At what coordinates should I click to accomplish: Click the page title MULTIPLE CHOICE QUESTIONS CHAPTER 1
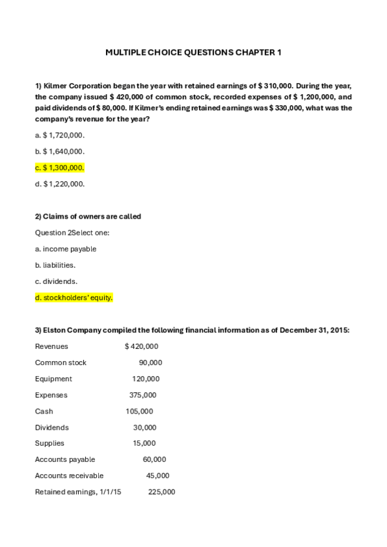point(193,52)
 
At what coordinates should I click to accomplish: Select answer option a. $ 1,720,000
point(59,135)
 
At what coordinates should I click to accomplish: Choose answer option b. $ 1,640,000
point(59,152)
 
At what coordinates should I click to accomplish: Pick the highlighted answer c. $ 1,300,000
point(59,168)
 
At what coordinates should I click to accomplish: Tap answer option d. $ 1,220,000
point(59,184)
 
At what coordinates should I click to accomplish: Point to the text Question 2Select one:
point(72,232)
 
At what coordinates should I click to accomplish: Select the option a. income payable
point(65,249)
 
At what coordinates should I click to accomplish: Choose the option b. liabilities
point(55,265)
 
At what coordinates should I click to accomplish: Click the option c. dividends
point(56,281)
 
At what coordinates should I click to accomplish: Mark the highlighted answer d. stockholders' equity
point(74,297)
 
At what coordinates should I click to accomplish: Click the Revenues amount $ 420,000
point(141,346)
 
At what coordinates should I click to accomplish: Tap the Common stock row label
point(61,363)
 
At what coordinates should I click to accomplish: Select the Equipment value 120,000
point(145,379)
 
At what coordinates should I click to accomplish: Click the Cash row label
point(44,411)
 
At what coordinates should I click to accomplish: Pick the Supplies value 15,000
point(144,443)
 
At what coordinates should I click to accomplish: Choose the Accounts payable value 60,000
point(154,459)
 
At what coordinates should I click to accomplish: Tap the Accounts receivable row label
point(69,475)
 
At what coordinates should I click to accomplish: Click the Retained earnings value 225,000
point(161,492)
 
